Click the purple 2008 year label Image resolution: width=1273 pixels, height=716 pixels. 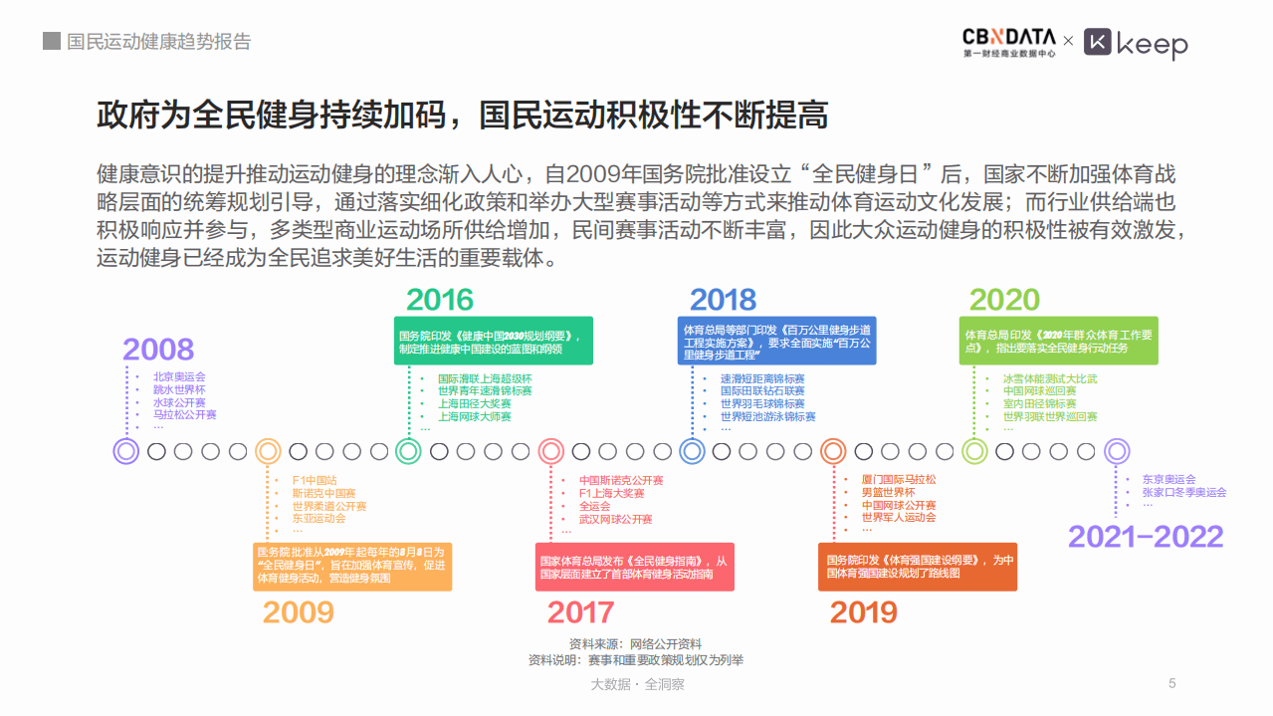[158, 350]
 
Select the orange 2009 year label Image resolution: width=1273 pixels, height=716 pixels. [298, 612]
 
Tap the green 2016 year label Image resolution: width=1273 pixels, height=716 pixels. [440, 300]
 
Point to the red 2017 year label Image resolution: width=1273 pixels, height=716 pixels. [581, 612]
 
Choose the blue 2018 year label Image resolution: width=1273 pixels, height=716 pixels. [723, 300]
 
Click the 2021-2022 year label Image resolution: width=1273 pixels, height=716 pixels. [1146, 537]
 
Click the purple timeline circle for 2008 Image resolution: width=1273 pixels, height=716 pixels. [126, 451]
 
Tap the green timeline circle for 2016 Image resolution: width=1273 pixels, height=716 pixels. [408, 451]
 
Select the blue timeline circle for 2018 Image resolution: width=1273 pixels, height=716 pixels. [693, 451]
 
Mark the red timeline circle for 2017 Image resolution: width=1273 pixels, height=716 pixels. [551, 451]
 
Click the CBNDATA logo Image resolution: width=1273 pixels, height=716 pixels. [1008, 43]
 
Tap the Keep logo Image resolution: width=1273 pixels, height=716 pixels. [1136, 44]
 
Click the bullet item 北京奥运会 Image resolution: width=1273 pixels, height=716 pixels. [179, 377]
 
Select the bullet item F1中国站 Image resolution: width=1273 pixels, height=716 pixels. [314, 480]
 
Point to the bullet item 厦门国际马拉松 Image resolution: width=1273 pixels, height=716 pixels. [898, 480]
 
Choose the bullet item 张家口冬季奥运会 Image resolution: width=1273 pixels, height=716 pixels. [1184, 492]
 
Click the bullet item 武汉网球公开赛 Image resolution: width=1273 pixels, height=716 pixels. [615, 520]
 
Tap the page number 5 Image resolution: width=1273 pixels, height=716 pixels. [1171, 683]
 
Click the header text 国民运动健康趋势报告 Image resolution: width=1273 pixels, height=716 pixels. [158, 42]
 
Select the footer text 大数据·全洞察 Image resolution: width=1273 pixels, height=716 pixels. [637, 684]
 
